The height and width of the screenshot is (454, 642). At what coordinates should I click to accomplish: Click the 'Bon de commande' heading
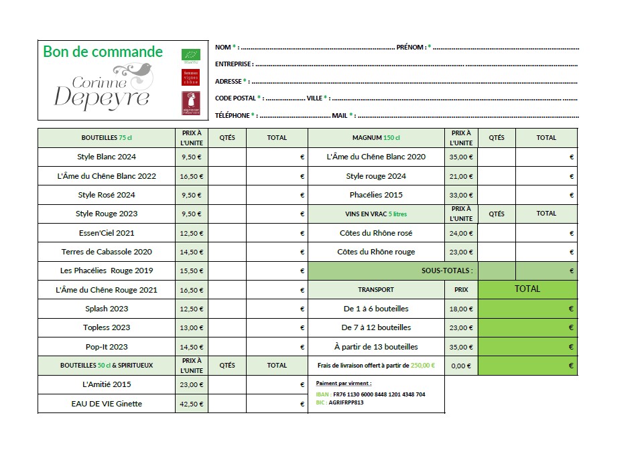[x=103, y=52]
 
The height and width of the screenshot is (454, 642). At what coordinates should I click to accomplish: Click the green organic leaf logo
[x=190, y=54]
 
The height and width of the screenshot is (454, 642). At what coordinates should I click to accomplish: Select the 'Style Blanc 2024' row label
[x=107, y=157]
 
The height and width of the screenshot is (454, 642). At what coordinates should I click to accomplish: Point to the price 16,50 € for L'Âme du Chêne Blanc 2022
[x=191, y=176]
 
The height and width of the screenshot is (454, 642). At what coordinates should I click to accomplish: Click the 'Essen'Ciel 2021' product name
[x=107, y=233]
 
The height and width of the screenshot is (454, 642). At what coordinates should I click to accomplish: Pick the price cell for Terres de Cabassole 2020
[x=191, y=252]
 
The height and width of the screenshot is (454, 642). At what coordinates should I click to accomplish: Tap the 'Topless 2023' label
[x=107, y=327]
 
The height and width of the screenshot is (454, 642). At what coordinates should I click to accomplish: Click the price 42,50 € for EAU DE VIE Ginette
[x=191, y=404]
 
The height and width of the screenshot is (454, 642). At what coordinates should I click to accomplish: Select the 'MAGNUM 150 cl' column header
[x=376, y=138]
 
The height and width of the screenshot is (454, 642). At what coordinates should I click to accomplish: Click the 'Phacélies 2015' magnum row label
[x=376, y=195]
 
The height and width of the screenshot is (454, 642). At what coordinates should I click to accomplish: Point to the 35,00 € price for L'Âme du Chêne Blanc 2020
[x=461, y=157]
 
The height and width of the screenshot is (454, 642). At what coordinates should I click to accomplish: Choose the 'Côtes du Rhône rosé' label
[x=376, y=233]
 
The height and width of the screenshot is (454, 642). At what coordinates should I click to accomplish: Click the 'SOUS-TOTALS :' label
[x=447, y=271]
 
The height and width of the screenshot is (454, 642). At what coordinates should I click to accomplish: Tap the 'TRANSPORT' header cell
[x=376, y=290]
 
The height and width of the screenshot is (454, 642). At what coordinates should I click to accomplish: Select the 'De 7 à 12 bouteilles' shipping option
[x=376, y=327]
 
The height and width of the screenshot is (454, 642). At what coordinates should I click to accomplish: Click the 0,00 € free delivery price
[x=461, y=366]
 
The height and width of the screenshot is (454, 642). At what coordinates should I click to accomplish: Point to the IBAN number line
[x=371, y=394]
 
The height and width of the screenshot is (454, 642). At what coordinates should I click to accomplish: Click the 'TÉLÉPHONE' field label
[x=233, y=115]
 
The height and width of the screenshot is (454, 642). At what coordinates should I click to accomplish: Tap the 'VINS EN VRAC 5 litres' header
[x=376, y=214]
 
